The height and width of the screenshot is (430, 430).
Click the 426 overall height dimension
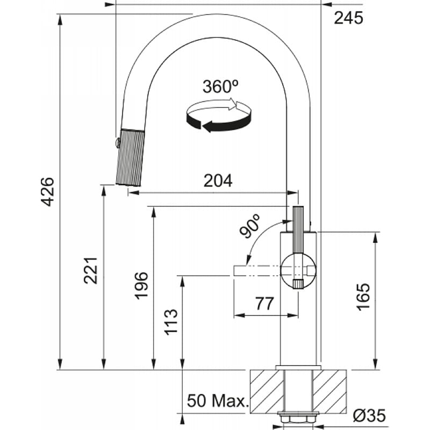pyautogui.click(x=47, y=192)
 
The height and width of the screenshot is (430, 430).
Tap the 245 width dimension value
pyautogui.click(x=348, y=18)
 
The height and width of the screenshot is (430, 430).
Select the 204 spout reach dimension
pyautogui.click(x=218, y=181)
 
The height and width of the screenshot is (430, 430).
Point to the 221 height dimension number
pyautogui.click(x=91, y=270)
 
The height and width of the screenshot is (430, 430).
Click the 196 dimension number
pyautogui.click(x=141, y=285)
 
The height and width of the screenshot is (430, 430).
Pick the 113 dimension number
pyautogui.click(x=171, y=322)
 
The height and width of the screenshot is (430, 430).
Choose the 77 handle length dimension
pyautogui.click(x=264, y=303)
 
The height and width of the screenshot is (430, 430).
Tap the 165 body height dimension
pyautogui.click(x=363, y=297)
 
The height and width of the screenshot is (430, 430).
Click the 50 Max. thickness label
pyautogui.click(x=218, y=401)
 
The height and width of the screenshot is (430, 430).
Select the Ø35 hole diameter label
pyautogui.click(x=369, y=415)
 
